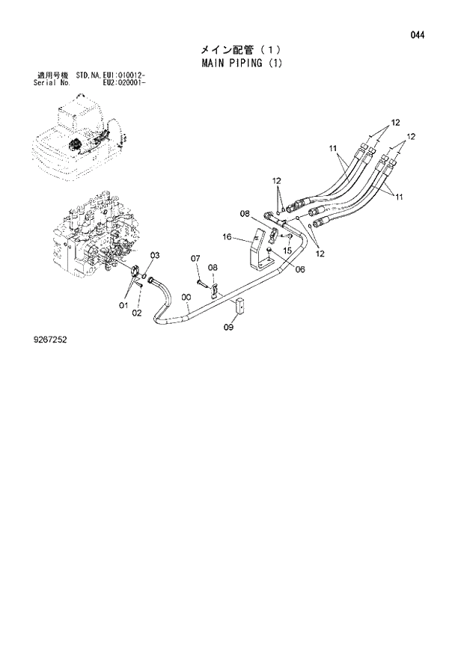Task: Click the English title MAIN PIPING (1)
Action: [x=242, y=63]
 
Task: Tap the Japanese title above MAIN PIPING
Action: [x=242, y=49]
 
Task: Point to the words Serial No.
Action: [x=52, y=82]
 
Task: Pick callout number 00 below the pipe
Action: [x=186, y=297]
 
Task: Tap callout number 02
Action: [x=137, y=313]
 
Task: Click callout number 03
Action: [x=154, y=256]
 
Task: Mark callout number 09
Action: [x=229, y=326]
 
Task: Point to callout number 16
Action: [x=227, y=237]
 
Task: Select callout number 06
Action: [x=299, y=269]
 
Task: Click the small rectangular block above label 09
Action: [x=242, y=306]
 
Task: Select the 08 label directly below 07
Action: [x=213, y=268]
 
